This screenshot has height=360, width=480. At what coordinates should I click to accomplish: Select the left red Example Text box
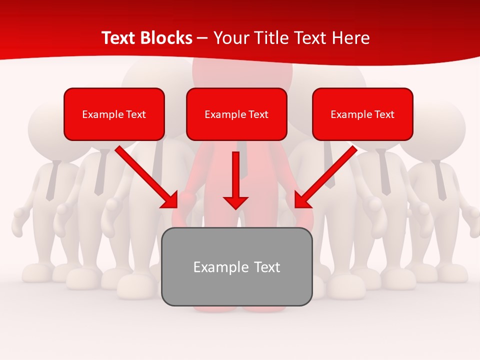(x=114, y=114)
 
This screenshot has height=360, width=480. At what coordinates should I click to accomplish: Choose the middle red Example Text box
(x=236, y=114)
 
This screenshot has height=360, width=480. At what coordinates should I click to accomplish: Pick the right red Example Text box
(x=362, y=114)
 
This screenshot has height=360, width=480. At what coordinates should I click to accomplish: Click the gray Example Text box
(x=236, y=266)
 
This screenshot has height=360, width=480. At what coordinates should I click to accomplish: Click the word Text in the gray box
(x=267, y=267)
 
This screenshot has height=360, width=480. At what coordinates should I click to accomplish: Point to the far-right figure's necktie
(x=440, y=180)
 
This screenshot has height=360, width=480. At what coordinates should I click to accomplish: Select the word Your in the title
(x=228, y=38)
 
